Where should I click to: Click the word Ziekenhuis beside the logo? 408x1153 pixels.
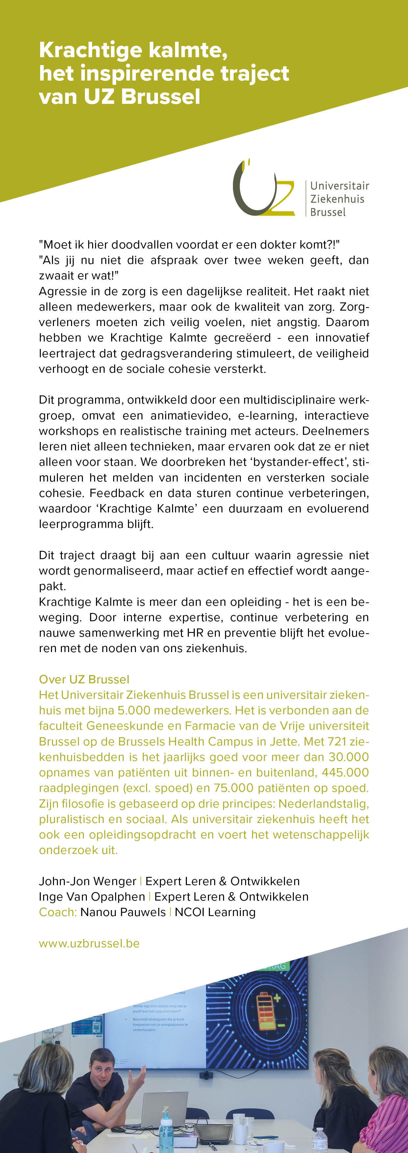tap(337, 199)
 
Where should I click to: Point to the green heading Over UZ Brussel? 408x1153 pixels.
tap(84, 679)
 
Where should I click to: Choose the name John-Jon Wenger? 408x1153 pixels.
tap(87, 881)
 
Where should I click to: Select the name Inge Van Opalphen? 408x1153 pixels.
tap(92, 897)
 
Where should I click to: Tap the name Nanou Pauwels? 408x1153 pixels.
tap(123, 912)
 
